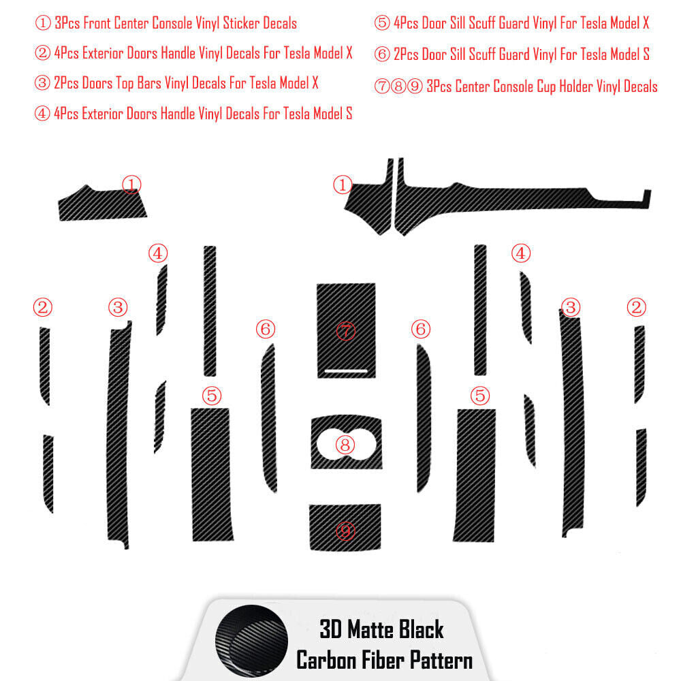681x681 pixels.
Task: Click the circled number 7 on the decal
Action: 346,331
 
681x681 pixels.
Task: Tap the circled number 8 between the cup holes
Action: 345,444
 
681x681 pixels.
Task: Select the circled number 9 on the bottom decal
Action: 345,530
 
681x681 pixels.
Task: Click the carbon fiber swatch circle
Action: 251,641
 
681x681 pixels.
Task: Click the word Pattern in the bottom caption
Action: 441,661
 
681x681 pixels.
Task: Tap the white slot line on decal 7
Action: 346,371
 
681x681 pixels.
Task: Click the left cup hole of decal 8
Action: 332,443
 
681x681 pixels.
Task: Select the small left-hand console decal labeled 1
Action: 102,203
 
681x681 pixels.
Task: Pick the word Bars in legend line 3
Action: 148,82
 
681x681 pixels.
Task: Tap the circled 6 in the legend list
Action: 382,54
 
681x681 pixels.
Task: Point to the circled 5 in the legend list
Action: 382,23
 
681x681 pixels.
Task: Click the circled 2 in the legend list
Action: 42,53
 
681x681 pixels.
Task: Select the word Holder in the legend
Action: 575,86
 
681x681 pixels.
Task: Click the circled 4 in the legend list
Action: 42,113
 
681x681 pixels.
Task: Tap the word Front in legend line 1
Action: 97,23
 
